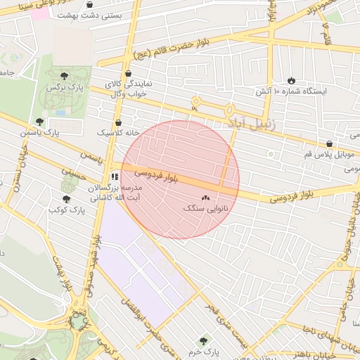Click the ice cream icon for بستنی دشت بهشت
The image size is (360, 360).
point(89,4)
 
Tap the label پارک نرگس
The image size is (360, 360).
point(61,88)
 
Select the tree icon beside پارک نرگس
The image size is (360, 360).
point(64,75)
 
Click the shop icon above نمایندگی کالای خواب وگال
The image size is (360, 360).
point(127,73)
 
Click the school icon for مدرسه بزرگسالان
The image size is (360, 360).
point(115,176)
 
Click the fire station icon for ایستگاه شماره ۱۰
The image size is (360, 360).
point(292,79)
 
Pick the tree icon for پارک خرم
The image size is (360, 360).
point(202,340)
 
